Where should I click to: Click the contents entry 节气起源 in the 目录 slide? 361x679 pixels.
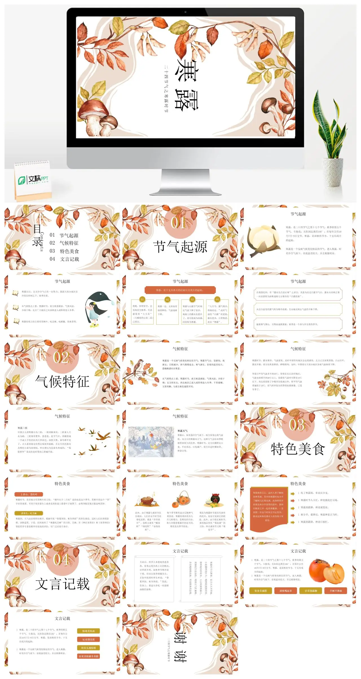[69, 236]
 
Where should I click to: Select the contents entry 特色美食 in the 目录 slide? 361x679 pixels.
[69, 251]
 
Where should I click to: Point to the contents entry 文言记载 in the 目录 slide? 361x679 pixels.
[69, 259]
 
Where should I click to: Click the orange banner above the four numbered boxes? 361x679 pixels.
[180, 290]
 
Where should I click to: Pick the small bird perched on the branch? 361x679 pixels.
[138, 365]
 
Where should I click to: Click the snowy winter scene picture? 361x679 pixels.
[151, 442]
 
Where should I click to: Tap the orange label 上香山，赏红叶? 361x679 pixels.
[29, 495]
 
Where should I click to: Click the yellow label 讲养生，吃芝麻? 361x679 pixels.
[29, 513]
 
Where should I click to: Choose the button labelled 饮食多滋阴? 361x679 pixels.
[260, 591]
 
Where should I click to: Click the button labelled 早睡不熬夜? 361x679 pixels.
[336, 591]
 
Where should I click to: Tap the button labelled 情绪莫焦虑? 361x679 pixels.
[89, 631]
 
